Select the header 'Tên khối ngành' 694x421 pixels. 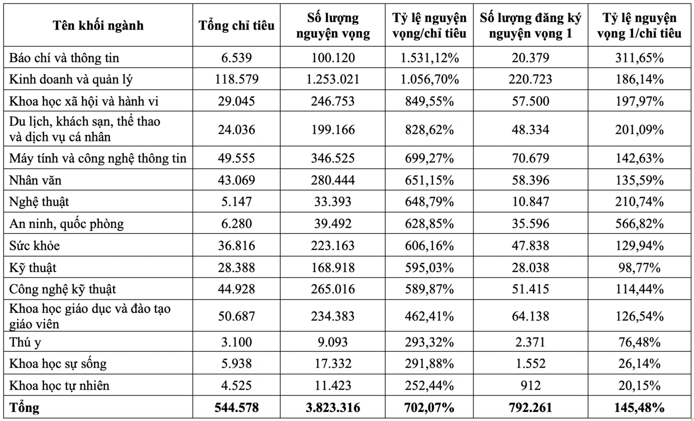98,26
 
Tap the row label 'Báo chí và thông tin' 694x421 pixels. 64,58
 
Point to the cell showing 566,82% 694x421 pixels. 640,224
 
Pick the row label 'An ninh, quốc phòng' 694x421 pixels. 66,224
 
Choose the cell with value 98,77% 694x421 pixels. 640,267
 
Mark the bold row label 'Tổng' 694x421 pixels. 24,408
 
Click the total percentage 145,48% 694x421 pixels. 640,408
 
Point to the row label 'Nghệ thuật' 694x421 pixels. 39,202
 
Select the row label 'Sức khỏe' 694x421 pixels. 35,246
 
